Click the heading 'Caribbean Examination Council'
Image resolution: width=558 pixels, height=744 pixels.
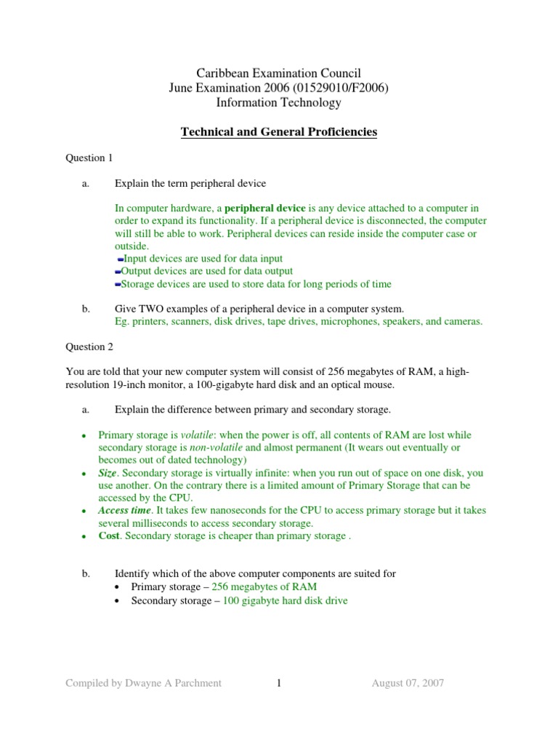tap(279, 73)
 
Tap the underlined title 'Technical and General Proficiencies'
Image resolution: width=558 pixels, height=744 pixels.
tap(279, 132)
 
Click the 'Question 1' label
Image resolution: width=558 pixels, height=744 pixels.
tap(89, 158)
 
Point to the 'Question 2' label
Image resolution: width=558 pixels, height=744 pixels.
tap(89, 347)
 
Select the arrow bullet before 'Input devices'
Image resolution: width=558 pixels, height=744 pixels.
tap(120, 259)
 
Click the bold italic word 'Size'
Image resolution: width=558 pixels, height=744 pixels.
tap(108, 473)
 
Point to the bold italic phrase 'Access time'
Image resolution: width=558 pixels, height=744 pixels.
tap(124, 511)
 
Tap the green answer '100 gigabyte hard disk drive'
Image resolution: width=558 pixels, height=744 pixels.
tap(285, 601)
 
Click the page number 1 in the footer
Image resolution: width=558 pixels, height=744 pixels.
tap(278, 682)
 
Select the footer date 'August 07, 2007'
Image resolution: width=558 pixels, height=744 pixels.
tap(408, 682)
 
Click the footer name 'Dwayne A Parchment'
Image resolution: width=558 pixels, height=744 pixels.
tap(175, 682)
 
